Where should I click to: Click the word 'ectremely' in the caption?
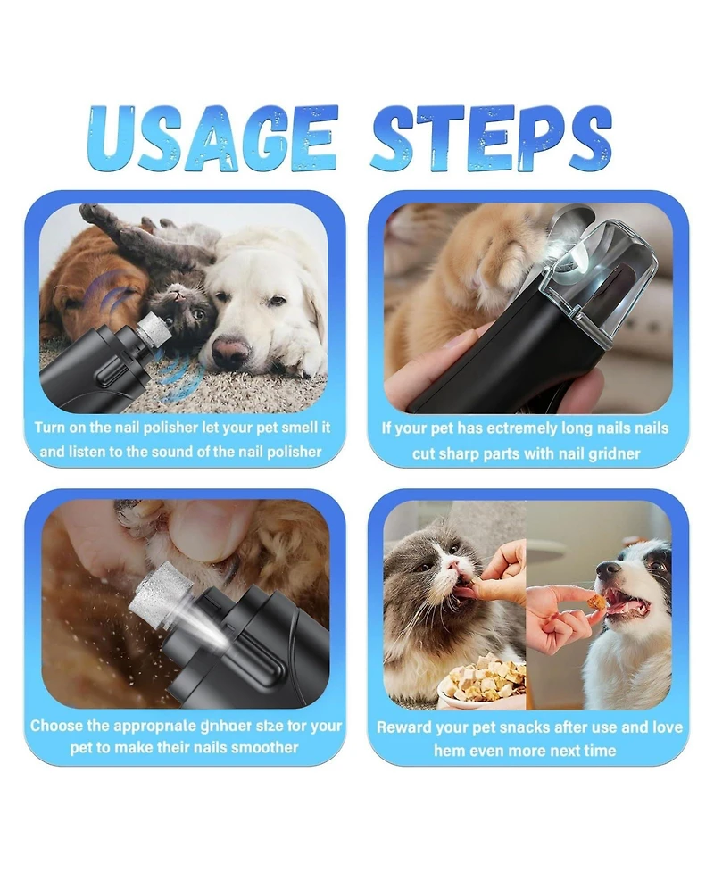[518, 428]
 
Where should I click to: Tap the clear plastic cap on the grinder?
[607, 277]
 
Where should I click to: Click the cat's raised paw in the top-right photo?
[500, 268]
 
